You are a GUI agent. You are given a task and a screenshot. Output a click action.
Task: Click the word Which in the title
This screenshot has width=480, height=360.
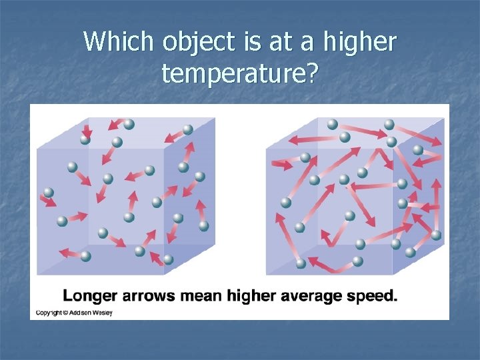click(x=119, y=43)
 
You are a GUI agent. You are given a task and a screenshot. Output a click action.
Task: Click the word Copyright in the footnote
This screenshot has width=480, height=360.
click(x=49, y=313)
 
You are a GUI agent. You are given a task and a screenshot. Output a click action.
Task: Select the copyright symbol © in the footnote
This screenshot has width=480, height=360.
click(x=66, y=313)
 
